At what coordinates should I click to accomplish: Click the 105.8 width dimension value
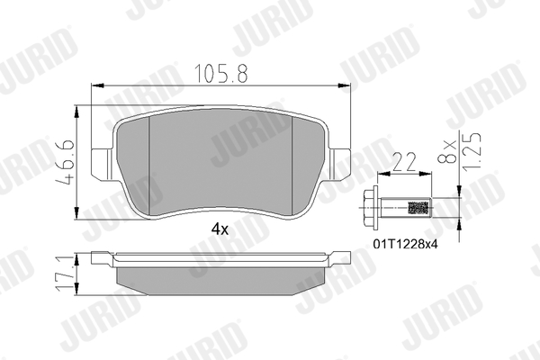[221, 74]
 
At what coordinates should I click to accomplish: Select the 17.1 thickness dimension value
[65, 274]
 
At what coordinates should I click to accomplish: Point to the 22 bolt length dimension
[404, 162]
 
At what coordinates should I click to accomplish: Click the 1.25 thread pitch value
[472, 151]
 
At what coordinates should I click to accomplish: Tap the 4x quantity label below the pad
[220, 229]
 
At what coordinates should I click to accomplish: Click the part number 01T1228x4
[406, 244]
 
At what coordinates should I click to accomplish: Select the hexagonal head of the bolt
[372, 208]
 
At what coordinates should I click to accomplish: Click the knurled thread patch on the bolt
[418, 208]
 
